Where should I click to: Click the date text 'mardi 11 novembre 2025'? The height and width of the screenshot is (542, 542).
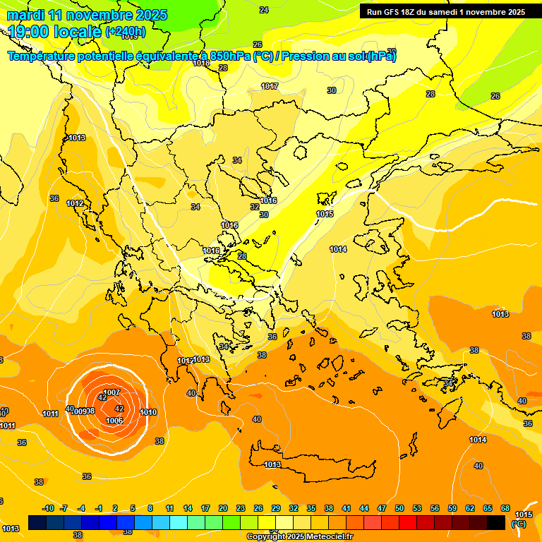click(x=88, y=15)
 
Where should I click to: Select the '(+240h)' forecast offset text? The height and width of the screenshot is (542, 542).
click(x=126, y=32)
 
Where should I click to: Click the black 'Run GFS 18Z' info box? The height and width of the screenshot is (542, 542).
click(x=445, y=11)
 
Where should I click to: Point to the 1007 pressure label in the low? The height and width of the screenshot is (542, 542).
click(x=112, y=392)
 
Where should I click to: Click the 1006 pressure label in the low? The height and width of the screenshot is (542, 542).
click(x=114, y=421)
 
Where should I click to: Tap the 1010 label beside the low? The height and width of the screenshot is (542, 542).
click(x=148, y=412)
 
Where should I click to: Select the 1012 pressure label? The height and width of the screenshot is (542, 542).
click(x=76, y=203)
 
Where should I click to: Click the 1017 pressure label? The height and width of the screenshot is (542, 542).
click(x=270, y=86)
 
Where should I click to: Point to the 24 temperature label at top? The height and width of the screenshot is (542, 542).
click(x=264, y=10)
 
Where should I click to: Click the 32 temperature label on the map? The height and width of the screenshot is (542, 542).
click(x=255, y=207)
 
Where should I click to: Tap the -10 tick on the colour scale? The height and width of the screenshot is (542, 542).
click(x=48, y=508)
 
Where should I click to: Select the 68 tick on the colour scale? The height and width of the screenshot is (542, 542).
click(x=505, y=508)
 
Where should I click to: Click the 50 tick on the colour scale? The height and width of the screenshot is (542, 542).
click(x=399, y=508)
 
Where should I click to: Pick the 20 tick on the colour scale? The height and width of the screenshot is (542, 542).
click(x=223, y=508)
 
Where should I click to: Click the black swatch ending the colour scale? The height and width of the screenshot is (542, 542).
click(x=496, y=522)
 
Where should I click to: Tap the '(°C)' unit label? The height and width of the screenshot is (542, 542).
click(x=519, y=524)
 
